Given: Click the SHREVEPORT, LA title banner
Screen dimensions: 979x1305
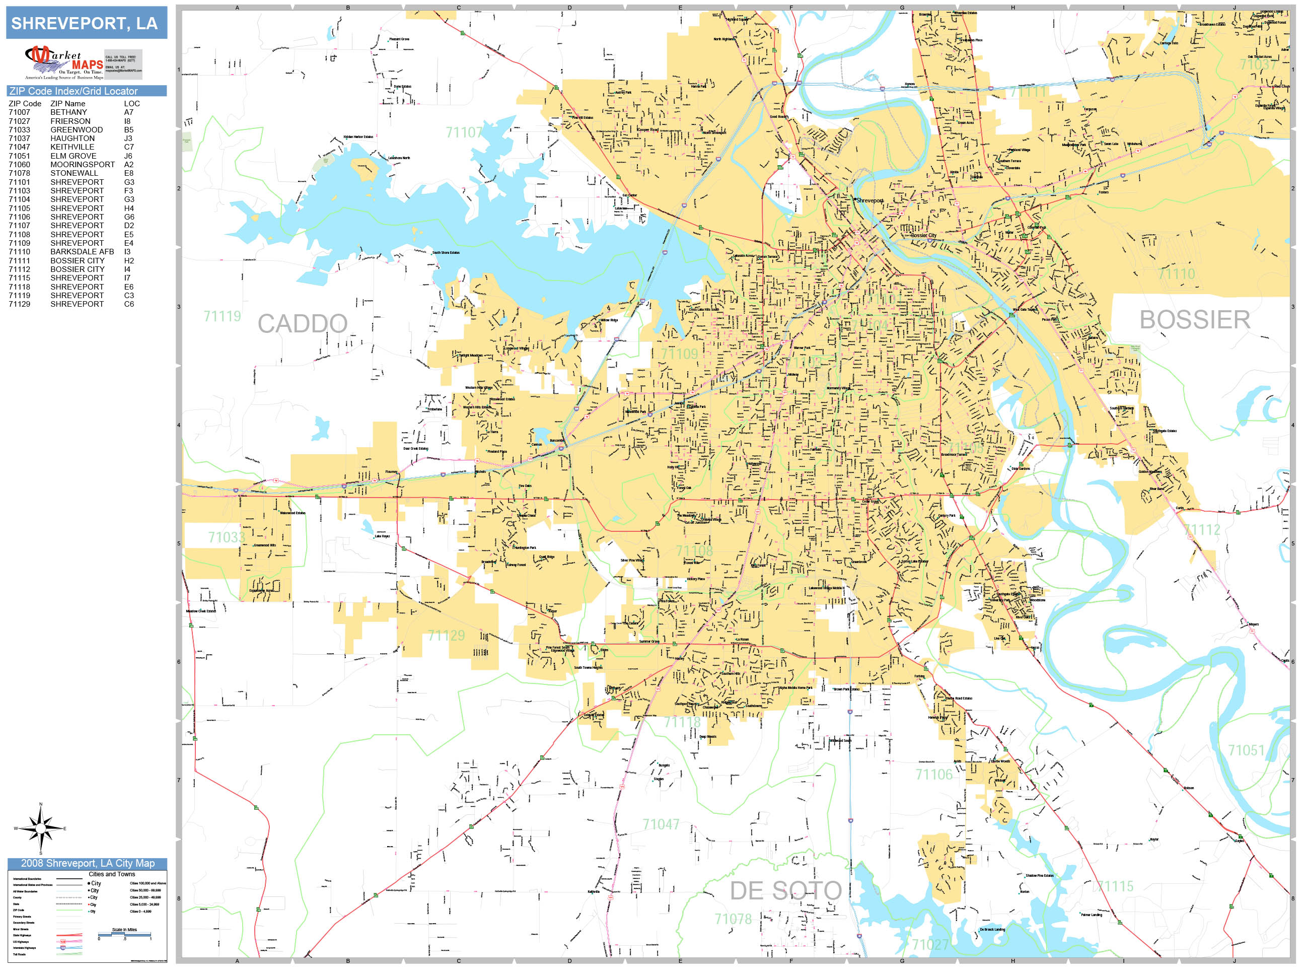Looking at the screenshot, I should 86,23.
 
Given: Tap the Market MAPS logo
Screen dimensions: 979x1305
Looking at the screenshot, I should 64,62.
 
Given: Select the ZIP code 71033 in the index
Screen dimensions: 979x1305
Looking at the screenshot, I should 20,130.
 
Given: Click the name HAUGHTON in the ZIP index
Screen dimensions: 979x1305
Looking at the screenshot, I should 72,138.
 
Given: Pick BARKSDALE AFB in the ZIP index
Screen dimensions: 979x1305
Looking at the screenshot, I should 82,252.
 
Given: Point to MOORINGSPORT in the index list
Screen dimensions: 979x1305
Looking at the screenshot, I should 82,165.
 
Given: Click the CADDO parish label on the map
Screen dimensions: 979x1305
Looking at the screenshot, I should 302,323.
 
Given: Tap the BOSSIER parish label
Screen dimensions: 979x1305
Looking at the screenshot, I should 1194,320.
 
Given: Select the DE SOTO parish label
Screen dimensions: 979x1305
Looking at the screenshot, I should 785,891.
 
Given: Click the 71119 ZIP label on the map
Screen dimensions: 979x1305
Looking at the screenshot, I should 222,316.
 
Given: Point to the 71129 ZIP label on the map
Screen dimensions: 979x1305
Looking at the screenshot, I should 446,636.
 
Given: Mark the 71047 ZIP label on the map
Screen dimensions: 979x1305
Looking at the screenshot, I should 661,824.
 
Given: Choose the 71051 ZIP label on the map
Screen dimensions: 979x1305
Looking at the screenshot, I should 1246,750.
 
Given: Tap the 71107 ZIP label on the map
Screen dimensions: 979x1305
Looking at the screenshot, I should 464,132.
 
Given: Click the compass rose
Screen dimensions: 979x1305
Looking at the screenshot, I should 40,828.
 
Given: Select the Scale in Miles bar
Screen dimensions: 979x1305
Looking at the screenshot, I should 124,934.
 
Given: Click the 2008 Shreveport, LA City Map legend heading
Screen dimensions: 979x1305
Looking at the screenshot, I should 87,863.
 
